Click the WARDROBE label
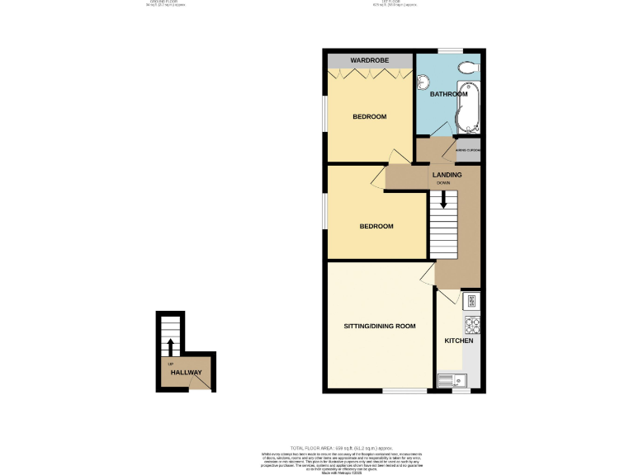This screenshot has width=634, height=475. (370, 62)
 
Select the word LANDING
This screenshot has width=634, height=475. (447, 175)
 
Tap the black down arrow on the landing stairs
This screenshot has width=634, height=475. (443, 200)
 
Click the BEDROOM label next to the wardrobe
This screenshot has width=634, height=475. (370, 117)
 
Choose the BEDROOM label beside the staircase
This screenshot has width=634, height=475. (376, 226)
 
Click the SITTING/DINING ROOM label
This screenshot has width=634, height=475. (380, 327)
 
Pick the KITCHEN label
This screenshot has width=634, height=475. (459, 341)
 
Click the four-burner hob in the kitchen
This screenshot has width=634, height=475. (473, 323)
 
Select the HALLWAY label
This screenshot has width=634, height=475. (187, 373)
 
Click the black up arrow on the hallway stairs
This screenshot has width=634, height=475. (170, 346)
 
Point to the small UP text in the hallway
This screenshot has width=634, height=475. (170, 364)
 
